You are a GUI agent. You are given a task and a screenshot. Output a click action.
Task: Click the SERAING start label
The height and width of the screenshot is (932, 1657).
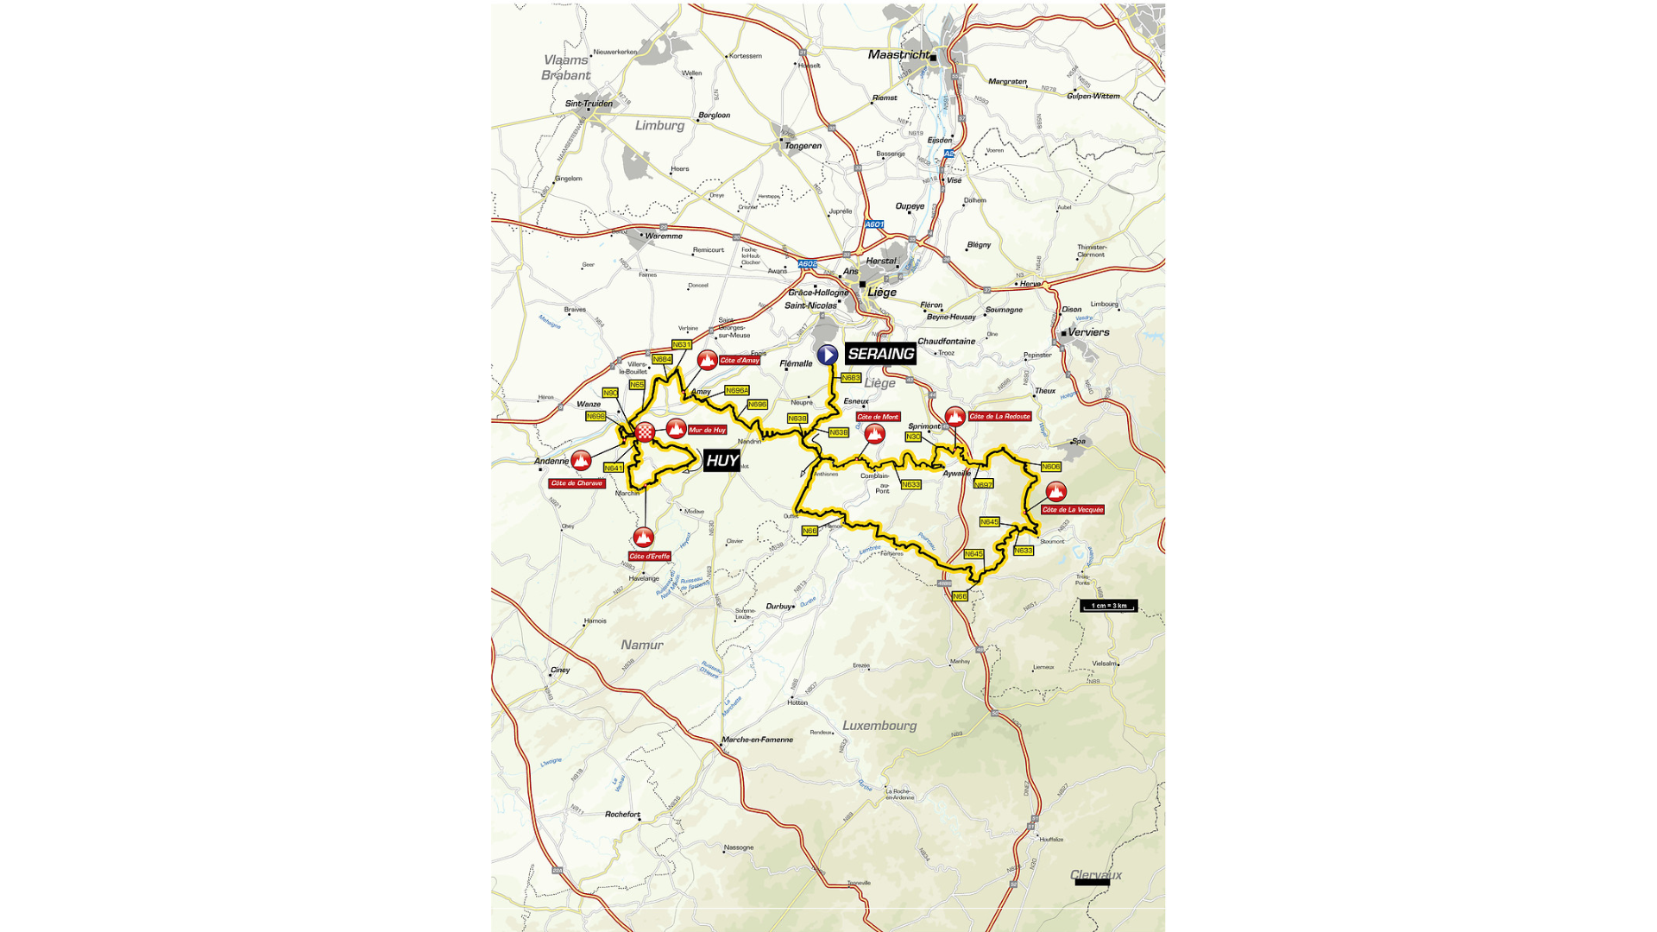coord(880,354)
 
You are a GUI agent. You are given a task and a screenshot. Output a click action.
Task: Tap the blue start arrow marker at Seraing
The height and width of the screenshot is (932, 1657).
coord(827,355)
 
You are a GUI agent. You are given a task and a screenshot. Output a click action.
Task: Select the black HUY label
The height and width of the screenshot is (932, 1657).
coord(721,461)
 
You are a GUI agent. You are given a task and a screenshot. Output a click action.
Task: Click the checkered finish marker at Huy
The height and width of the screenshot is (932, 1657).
coord(645,432)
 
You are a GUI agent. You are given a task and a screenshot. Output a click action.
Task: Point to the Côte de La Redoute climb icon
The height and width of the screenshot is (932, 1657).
coord(955,417)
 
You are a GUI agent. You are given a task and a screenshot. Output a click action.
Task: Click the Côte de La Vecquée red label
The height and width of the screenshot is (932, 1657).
coord(1073,510)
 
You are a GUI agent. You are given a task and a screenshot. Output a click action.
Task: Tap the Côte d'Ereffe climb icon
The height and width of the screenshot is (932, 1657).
coord(643,538)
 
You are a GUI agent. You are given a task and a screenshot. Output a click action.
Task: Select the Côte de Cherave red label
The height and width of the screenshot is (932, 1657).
coord(576,483)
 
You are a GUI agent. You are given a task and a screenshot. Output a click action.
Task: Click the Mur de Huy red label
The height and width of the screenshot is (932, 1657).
coord(707,430)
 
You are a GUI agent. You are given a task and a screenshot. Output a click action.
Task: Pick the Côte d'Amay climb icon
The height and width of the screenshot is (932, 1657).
coord(708,360)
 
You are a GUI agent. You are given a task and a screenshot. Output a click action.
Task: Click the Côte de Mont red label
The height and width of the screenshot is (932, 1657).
coord(878,417)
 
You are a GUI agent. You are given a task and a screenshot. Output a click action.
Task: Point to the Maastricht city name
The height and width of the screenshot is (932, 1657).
coord(898,54)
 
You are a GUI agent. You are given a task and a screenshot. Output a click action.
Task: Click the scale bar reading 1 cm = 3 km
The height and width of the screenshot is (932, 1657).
coord(1109,606)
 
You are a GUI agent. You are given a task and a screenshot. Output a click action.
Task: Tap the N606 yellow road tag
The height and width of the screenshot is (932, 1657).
coord(1050,467)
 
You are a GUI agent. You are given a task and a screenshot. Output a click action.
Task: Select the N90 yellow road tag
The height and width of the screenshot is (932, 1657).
coord(610,393)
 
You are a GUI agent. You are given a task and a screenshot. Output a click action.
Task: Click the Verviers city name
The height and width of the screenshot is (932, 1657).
coord(1088,332)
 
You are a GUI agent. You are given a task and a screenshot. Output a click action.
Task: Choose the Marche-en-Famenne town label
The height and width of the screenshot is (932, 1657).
coord(757,740)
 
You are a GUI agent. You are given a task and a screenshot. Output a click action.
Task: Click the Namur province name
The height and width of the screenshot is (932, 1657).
coord(642,645)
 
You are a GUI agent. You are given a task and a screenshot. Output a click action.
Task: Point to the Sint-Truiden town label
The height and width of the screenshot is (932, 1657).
coord(589,104)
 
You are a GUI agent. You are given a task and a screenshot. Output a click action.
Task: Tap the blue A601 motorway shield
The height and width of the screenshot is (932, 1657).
coord(874,224)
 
